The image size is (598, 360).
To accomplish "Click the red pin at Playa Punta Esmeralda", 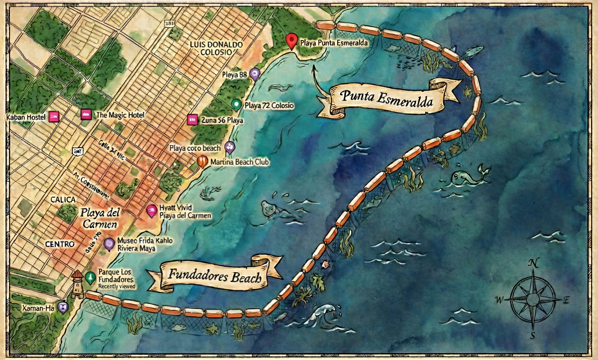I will [x=292, y=41].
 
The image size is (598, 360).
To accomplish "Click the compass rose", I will [x=533, y=299].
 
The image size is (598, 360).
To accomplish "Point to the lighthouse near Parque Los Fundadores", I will [x=77, y=284].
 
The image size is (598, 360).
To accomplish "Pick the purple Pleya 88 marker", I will [x=254, y=73].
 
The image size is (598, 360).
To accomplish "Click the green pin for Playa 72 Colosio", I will [x=236, y=104].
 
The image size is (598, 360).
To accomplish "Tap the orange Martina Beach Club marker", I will [x=203, y=161].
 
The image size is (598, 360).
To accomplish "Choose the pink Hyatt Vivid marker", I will [x=152, y=210].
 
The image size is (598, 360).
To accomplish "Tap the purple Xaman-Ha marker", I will [x=63, y=307].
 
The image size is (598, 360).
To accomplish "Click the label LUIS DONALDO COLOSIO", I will [x=216, y=48].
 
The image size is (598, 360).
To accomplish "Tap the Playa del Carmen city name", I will [x=100, y=217].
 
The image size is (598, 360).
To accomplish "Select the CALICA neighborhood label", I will [x=63, y=199].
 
